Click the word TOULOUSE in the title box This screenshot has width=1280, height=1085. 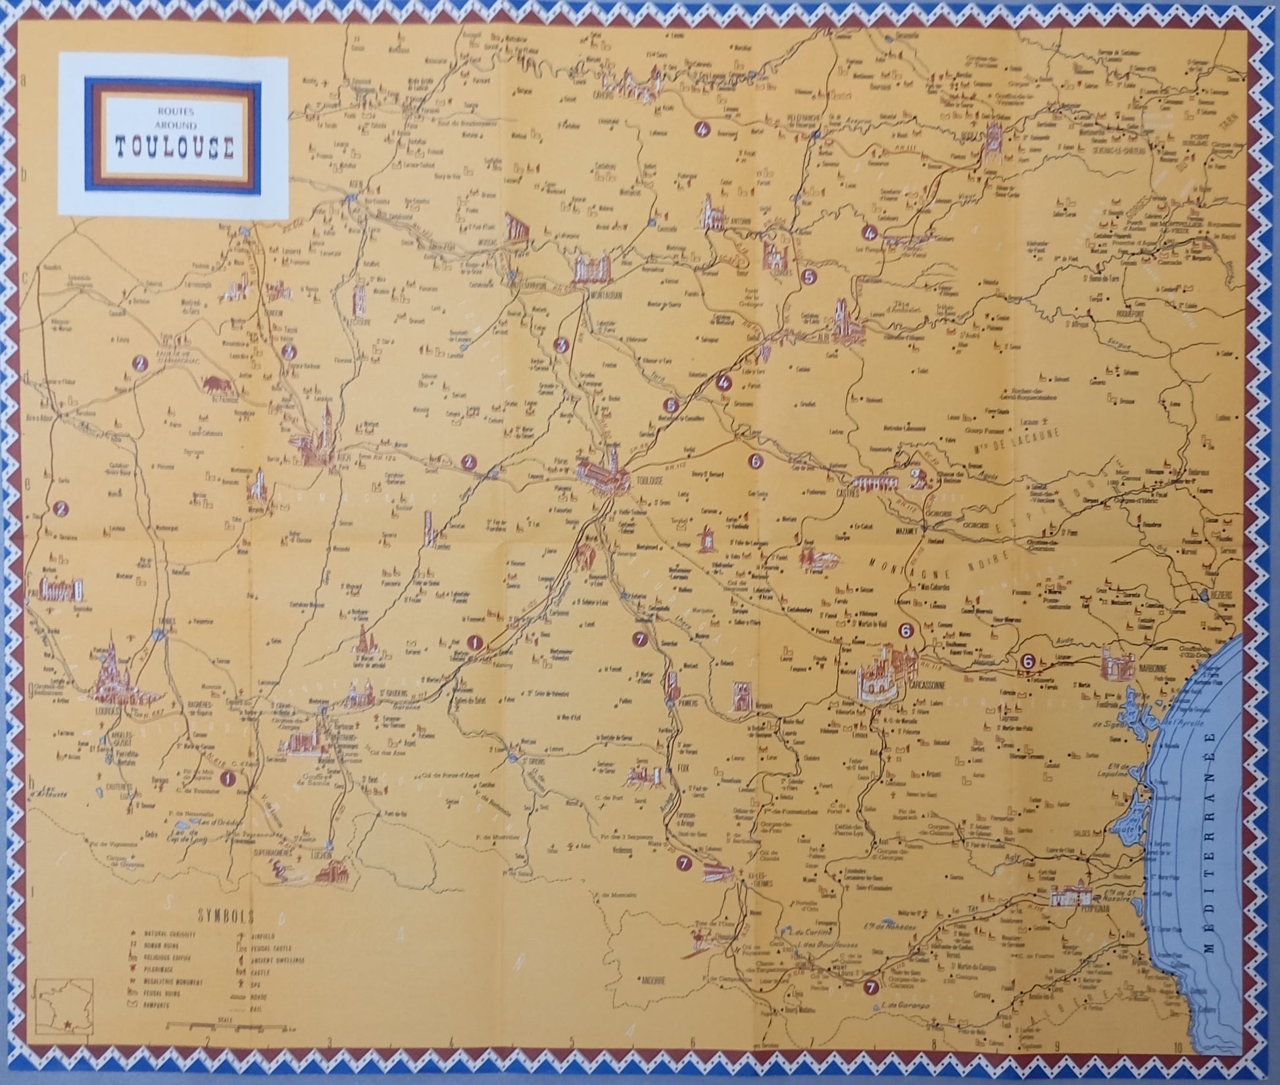pos(174,148)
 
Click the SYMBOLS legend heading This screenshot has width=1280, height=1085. pos(216,916)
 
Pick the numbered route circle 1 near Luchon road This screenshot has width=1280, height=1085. pos(228,779)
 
